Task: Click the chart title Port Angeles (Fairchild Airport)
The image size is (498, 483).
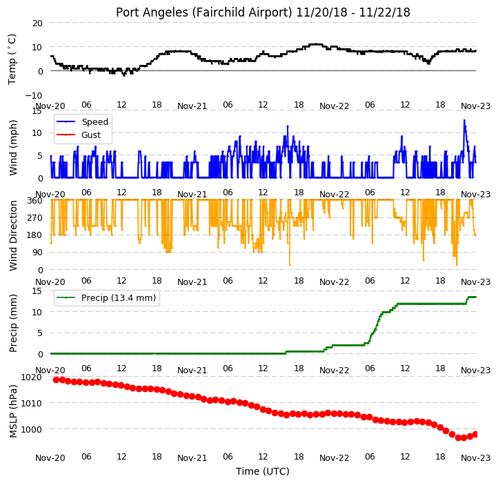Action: [x=204, y=12]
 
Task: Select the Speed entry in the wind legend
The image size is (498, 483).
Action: [x=83, y=121]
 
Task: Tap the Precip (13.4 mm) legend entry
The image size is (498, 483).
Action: [x=106, y=298]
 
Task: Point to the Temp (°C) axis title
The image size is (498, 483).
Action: [x=12, y=59]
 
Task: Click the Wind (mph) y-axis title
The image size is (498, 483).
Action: [x=12, y=148]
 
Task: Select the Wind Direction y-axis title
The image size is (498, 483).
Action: [x=12, y=235]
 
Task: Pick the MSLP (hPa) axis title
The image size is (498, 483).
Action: [x=12, y=411]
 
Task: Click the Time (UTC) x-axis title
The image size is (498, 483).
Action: [x=263, y=471]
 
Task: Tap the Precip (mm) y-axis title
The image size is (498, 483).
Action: [x=12, y=323]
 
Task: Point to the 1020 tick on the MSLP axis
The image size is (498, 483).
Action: [x=31, y=377]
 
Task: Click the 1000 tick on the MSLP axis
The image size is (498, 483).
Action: [x=31, y=429]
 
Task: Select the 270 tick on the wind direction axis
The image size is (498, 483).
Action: [x=35, y=218]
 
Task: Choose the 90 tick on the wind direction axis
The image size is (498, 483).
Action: [x=37, y=253]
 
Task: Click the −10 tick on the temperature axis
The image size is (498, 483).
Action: [x=33, y=95]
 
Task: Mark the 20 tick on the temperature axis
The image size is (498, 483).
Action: [x=37, y=23]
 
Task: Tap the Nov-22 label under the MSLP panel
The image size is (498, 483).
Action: [x=334, y=458]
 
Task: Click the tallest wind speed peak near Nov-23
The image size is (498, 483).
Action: [x=464, y=121]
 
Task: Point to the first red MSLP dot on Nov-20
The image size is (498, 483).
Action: [x=57, y=379]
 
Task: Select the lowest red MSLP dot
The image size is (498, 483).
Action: [x=458, y=437]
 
